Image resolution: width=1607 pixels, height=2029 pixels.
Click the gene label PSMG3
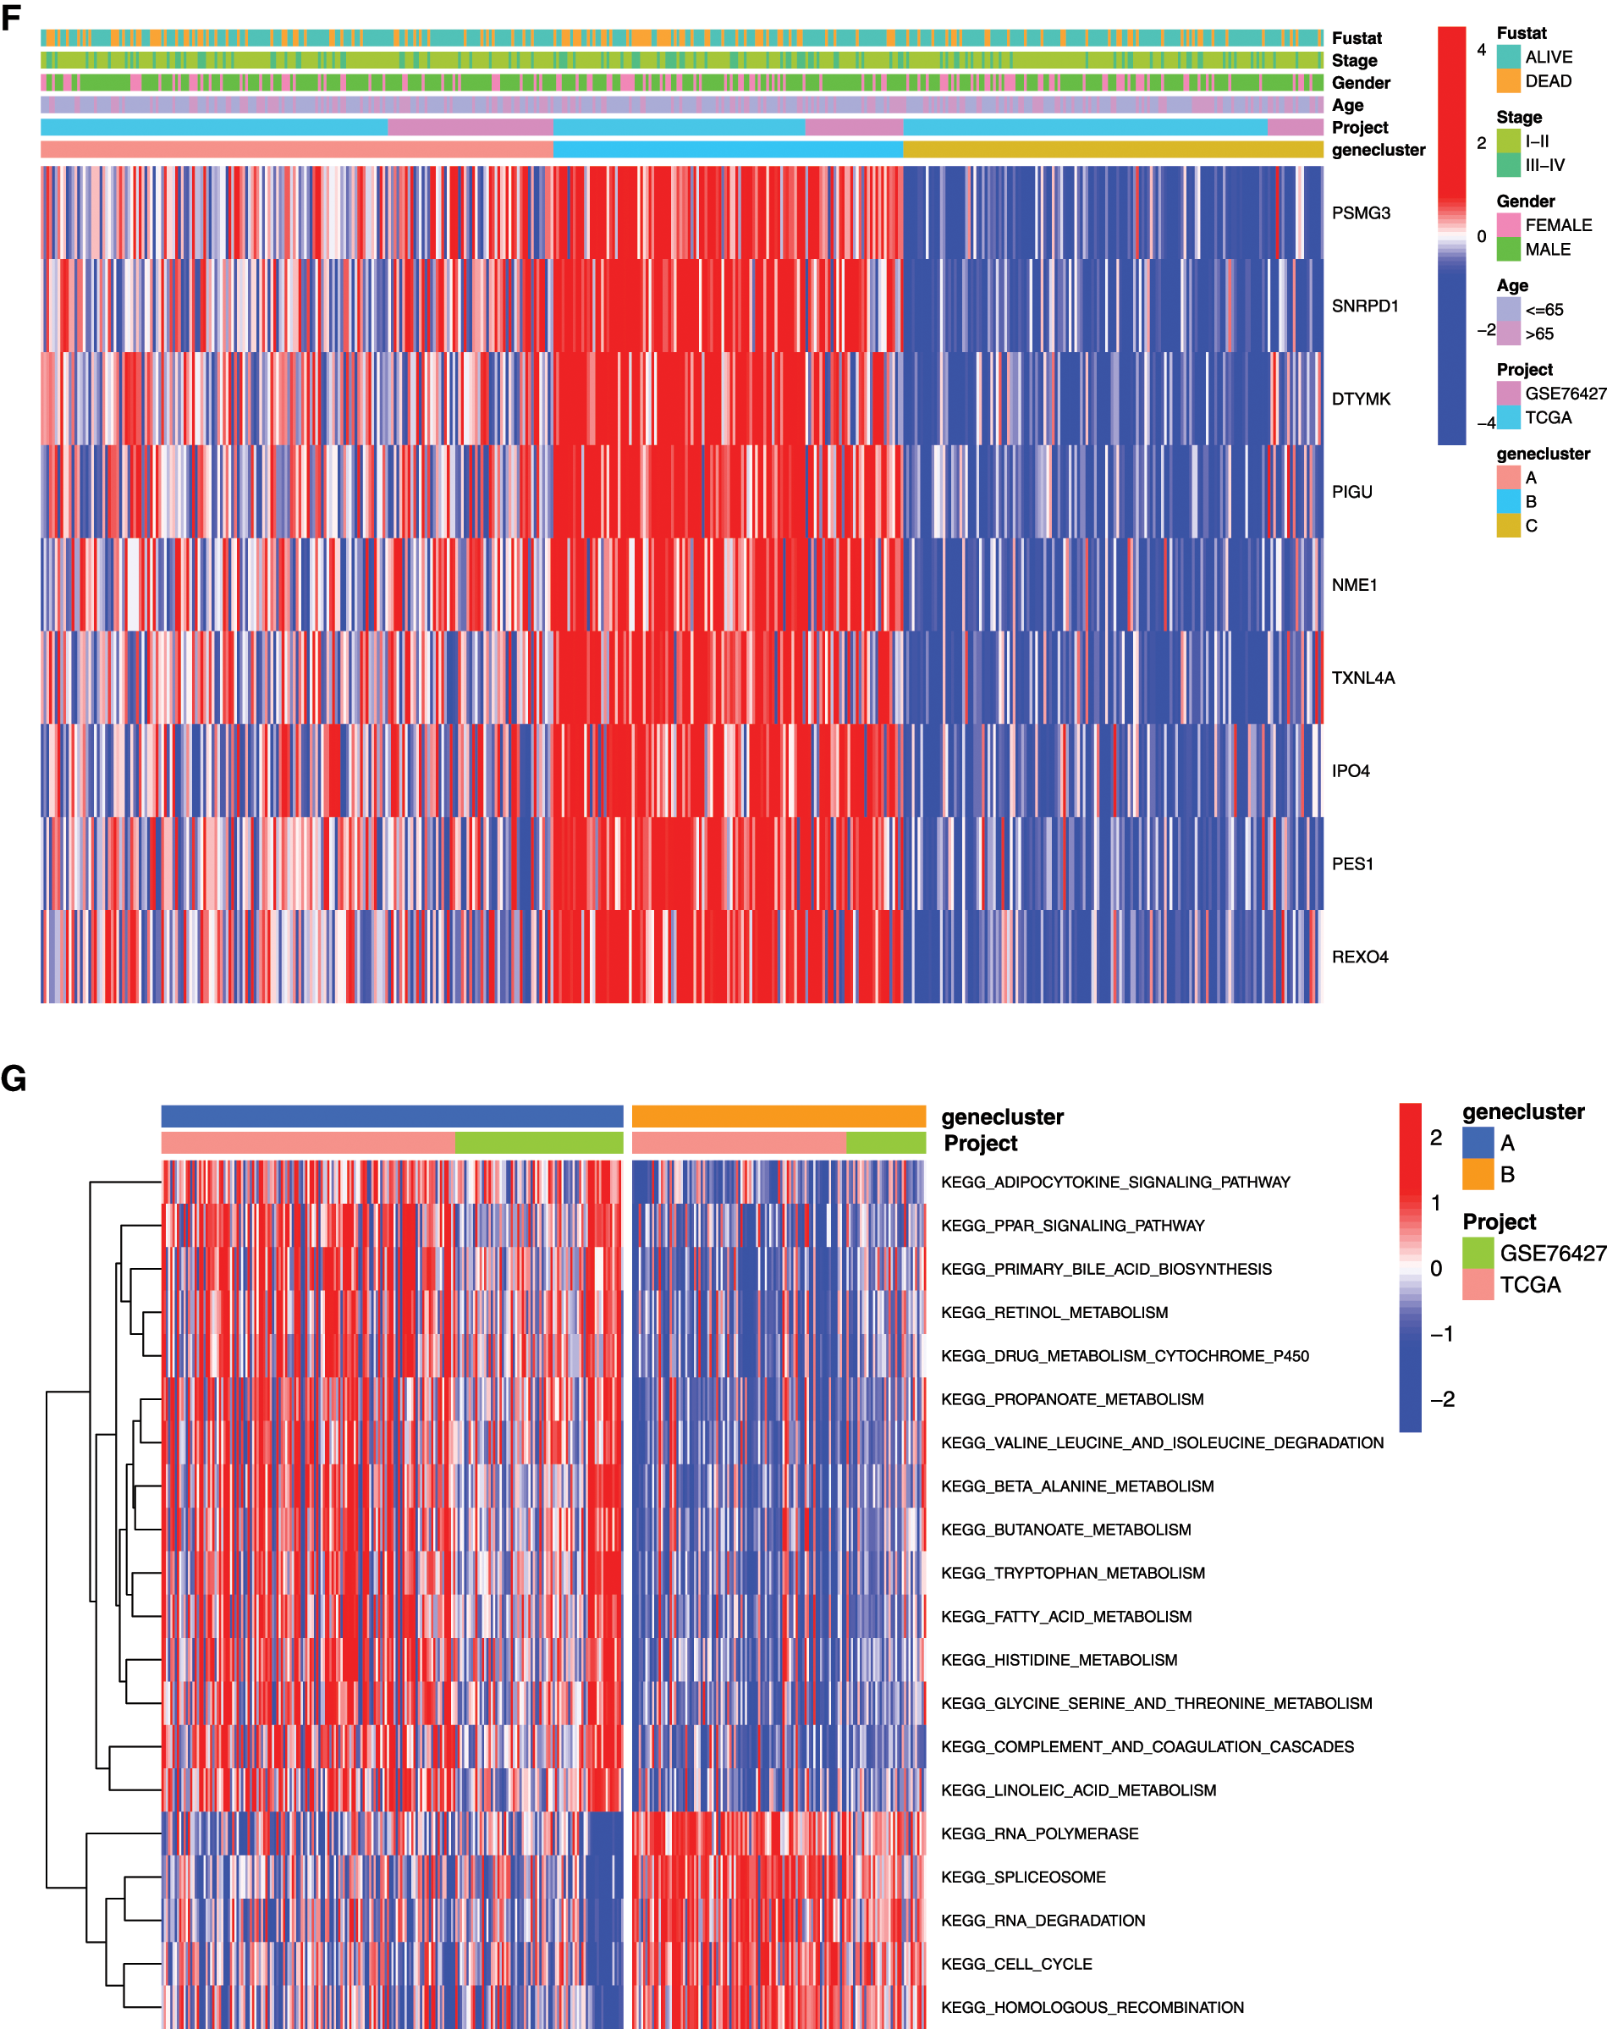coord(1361,212)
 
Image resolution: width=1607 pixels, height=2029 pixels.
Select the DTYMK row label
coord(1361,399)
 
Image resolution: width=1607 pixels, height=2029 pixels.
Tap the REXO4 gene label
coord(1360,957)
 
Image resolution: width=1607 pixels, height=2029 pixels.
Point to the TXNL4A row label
coord(1362,677)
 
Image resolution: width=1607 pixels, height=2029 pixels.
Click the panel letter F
coord(11,18)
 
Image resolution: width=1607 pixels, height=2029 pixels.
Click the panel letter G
coord(14,1078)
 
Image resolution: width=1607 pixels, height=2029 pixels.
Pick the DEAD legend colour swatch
coord(1508,81)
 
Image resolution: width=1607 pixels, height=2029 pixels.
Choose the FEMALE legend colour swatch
coord(1508,225)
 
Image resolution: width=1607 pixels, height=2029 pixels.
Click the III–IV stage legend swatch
coord(1508,165)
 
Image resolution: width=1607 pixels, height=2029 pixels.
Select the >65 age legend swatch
coord(1508,334)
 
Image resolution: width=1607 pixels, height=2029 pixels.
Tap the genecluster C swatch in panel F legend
coord(1508,525)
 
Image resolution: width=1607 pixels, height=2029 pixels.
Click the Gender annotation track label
coord(1361,83)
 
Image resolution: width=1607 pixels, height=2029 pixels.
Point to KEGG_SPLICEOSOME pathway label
coord(1023,1877)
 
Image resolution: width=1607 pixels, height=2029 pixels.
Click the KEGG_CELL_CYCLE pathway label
coord(1016,1964)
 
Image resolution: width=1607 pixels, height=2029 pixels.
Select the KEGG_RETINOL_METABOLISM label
coord(1054,1312)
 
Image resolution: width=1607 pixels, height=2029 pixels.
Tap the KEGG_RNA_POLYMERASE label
coord(1038,1833)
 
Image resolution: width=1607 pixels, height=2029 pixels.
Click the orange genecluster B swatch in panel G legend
coord(1478,1173)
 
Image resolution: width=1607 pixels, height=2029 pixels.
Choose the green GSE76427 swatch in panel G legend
coord(1478,1253)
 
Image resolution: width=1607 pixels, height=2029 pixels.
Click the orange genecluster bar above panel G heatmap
coord(778,1117)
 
